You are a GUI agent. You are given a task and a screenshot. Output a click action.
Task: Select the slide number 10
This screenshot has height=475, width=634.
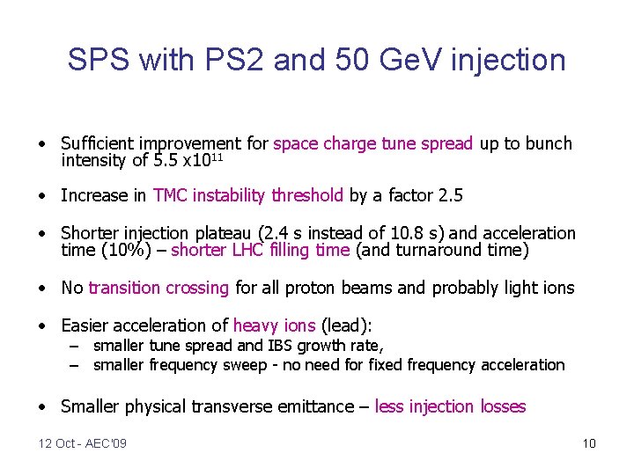click(589, 443)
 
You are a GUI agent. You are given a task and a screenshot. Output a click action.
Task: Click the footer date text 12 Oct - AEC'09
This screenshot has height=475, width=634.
click(82, 443)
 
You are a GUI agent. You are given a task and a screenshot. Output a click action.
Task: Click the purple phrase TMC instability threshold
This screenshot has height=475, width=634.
click(248, 195)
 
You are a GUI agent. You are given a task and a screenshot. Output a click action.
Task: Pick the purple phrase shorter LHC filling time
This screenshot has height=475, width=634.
click(261, 251)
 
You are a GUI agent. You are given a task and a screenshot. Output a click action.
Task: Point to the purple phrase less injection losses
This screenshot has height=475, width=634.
click(450, 406)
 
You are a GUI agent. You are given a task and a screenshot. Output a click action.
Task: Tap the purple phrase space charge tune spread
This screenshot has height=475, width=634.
click(373, 143)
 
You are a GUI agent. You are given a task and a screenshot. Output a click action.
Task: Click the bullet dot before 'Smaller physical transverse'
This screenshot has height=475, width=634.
click(41, 406)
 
